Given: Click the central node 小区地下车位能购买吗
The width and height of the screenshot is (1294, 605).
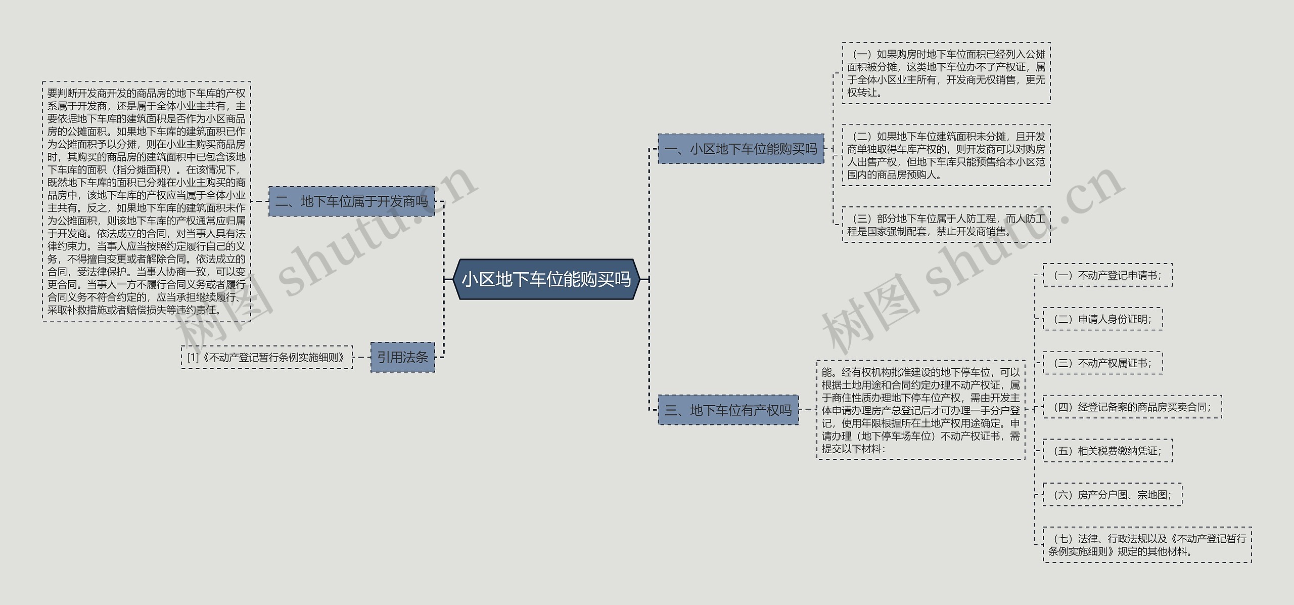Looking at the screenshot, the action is (546, 279).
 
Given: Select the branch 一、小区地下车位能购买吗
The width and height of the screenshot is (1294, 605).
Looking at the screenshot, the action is (741, 149).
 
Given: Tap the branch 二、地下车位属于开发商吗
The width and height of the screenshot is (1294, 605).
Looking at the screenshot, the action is (351, 201).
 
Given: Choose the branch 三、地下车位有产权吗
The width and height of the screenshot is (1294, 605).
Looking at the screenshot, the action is (728, 410).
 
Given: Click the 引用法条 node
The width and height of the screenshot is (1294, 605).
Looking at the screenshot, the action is (402, 357).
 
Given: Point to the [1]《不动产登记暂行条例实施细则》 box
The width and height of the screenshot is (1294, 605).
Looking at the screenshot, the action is (266, 357).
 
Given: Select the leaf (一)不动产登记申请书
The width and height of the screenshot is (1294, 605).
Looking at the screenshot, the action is (1107, 275).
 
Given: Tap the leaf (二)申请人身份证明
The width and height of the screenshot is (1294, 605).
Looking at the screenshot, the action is (1102, 319).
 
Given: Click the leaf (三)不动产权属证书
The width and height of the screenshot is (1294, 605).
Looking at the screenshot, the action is (1102, 363).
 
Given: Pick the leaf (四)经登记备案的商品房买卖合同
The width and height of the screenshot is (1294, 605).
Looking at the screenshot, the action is (1132, 407).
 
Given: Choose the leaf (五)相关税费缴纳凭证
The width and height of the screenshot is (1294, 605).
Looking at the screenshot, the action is (1107, 451).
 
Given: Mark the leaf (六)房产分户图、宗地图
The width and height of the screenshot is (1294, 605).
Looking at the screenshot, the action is (1112, 495).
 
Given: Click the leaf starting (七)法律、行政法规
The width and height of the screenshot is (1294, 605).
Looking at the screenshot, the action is (1147, 545).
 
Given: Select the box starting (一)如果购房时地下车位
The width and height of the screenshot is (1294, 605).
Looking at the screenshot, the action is (946, 73).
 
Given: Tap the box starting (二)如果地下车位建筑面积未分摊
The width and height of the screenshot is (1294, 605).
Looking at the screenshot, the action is (946, 155).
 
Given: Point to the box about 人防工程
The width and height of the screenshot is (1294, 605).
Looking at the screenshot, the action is (946, 225).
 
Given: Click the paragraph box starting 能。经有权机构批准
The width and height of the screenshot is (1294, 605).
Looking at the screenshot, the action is (920, 410).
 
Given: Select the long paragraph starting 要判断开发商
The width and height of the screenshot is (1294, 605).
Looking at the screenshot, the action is (147, 201).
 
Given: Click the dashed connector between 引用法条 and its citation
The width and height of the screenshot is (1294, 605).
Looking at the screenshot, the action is (361, 357).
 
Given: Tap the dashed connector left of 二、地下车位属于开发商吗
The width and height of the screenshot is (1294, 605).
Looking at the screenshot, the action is (259, 201).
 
